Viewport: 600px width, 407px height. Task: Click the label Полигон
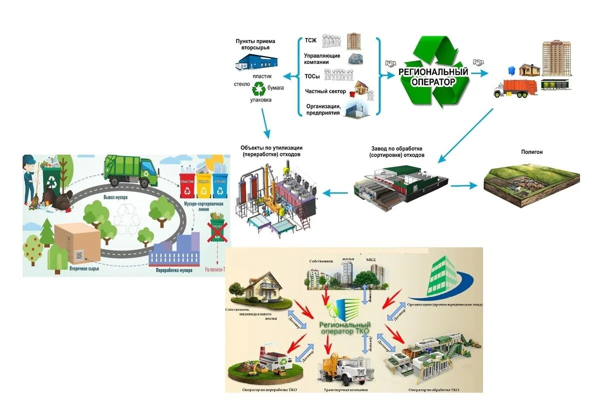[x=532, y=152]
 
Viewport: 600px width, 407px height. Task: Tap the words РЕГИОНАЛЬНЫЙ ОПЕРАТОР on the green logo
[x=433, y=76]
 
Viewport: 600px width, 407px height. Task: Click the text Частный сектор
[x=324, y=91]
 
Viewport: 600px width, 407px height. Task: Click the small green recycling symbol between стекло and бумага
[x=259, y=89]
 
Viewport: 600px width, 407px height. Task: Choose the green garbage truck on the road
[x=130, y=171]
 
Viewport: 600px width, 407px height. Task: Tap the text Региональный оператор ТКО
[x=345, y=328]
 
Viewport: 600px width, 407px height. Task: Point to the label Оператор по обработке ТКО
[x=433, y=389]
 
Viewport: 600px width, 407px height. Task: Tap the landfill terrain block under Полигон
[x=531, y=182]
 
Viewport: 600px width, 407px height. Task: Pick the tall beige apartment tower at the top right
[x=556, y=58]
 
